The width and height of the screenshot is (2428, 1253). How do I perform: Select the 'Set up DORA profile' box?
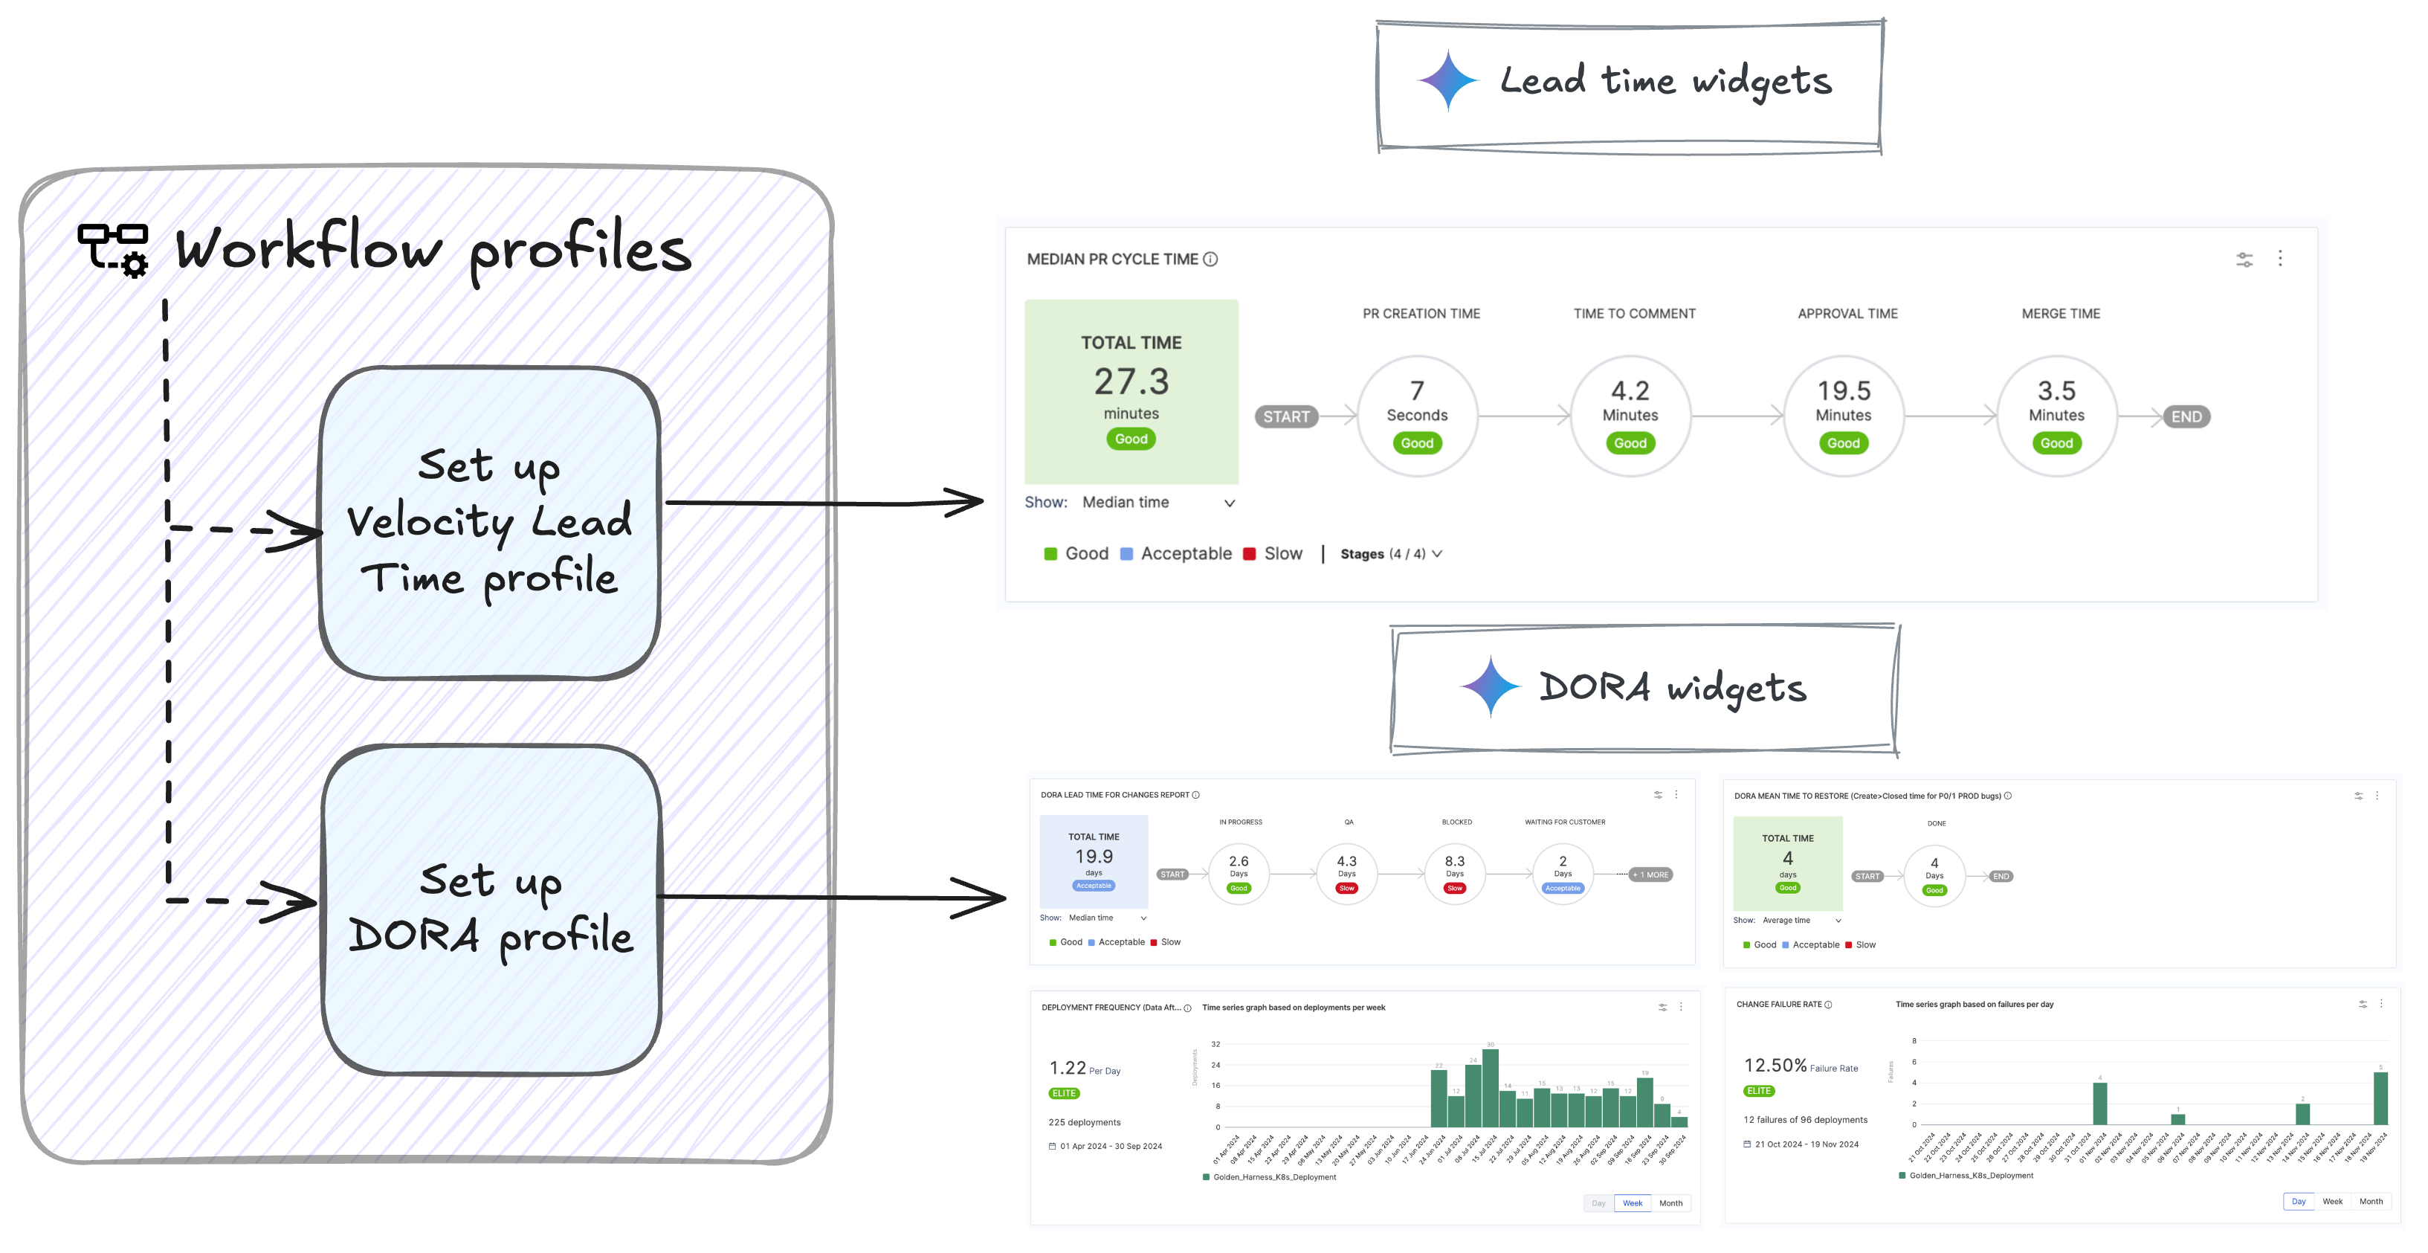491,909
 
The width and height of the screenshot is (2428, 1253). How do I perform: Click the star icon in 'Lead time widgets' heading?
1447,81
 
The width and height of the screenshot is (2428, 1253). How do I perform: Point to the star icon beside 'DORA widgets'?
1490,686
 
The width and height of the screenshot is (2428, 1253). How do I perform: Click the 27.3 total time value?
1131,381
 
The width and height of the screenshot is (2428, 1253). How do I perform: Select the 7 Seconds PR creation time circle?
1417,416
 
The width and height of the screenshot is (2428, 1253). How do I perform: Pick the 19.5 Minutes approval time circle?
1843,416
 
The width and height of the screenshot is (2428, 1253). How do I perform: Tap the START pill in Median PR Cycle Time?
1285,416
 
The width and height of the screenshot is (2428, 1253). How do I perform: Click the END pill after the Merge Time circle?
2186,416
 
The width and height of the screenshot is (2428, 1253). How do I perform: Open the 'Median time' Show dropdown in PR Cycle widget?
1158,503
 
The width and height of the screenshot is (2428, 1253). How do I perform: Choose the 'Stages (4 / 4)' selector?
1390,555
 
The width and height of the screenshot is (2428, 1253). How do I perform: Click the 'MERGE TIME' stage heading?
2061,314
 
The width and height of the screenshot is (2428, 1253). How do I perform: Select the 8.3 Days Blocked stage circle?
1454,873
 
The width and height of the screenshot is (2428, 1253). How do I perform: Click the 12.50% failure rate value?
1775,1066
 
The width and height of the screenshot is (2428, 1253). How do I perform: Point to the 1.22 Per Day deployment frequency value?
1068,1068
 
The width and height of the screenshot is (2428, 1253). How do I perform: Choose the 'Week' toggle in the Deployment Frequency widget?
1632,1203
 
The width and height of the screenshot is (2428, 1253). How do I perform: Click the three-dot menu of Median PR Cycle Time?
2280,258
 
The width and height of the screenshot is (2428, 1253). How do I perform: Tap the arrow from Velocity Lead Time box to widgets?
824,503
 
